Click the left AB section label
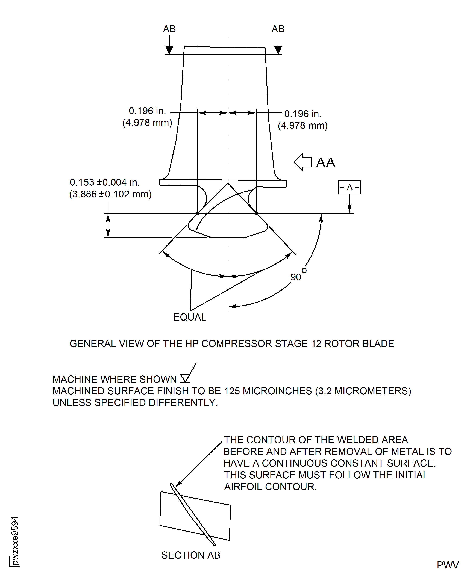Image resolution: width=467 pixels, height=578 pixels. point(169,29)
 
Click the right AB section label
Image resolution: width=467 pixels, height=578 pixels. point(278,29)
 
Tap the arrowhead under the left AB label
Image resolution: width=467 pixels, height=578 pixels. point(169,50)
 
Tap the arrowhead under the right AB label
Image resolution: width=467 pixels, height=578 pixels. point(278,50)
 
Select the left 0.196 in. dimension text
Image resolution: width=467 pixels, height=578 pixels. point(147,111)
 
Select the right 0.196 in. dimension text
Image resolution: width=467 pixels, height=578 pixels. point(303,114)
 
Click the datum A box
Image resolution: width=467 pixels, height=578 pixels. point(349,187)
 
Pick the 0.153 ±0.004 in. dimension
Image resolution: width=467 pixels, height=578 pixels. point(105,182)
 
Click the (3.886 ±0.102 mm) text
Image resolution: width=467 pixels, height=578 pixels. point(110,194)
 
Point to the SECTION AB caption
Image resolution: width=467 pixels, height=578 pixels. point(190,555)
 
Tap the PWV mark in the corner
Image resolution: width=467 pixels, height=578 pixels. point(447,565)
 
